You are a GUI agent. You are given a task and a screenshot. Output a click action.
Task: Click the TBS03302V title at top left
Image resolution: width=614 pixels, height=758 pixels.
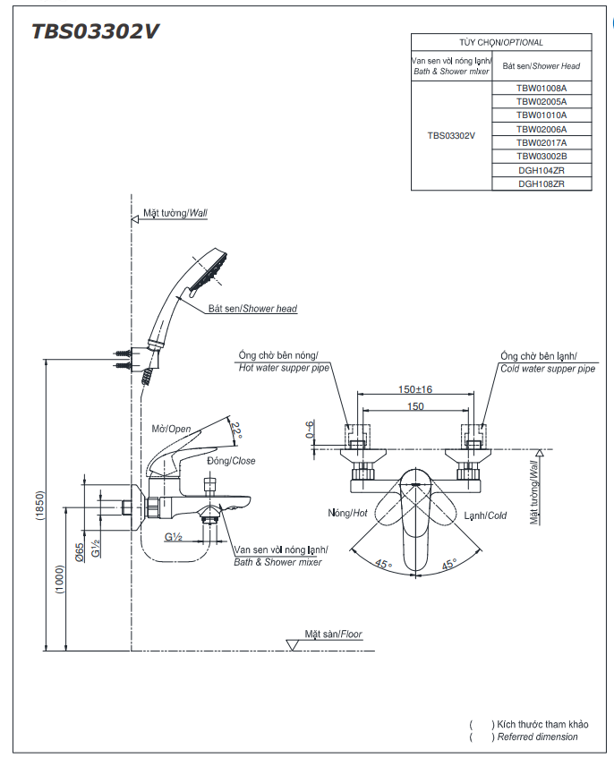pos(95,31)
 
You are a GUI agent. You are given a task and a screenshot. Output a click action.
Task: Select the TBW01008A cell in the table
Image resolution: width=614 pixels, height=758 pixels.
pos(541,88)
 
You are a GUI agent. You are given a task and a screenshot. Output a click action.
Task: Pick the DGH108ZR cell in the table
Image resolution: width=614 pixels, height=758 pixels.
pos(541,183)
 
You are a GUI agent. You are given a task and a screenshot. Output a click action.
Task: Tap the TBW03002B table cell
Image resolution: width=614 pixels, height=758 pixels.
pos(541,156)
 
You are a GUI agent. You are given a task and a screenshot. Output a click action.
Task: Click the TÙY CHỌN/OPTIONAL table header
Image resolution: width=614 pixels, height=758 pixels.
pos(501,43)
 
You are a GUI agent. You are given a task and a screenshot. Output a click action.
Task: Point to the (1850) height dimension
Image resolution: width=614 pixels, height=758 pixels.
pos(39,505)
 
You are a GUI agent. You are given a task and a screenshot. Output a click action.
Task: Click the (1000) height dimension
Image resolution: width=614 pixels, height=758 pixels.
pos(60,580)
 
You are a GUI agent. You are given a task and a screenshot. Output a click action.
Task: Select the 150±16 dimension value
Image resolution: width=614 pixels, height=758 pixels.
pos(414,389)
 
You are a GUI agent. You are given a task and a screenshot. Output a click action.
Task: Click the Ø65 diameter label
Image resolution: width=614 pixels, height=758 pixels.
pos(80,551)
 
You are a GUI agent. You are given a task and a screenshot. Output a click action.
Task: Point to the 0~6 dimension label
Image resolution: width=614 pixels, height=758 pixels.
pos(310,430)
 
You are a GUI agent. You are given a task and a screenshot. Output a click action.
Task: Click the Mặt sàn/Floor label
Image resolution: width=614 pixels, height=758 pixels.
pos(333,634)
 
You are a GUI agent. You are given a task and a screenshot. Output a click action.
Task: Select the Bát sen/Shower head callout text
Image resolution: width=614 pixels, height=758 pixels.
pos(252,309)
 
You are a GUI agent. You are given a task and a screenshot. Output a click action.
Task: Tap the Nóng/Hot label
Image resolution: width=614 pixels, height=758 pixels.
pos(347,513)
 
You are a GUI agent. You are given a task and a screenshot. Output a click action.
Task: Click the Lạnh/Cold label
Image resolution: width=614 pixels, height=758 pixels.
pos(485,515)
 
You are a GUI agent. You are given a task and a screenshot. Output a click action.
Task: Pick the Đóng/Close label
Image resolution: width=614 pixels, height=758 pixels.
pos(231,461)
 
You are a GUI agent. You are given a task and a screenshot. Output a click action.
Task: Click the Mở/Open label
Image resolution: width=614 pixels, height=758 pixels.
pos(171,429)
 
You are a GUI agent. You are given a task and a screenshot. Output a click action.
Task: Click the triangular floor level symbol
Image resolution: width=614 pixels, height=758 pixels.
pos(292,645)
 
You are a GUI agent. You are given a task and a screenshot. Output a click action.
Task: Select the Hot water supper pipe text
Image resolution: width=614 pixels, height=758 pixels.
pos(284,368)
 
